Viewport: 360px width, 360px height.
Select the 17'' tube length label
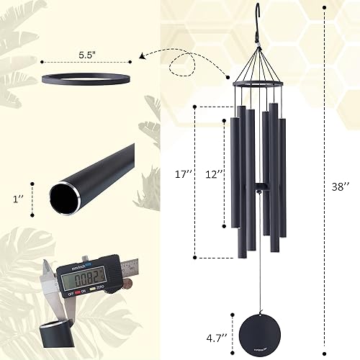click(x=184, y=174)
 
